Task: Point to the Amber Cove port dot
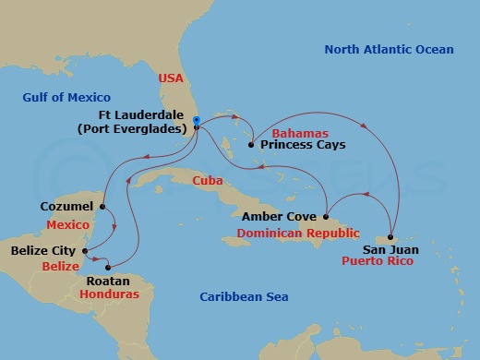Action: coord(324,216)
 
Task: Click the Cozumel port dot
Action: coord(102,206)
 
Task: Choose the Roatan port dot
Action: coord(108,267)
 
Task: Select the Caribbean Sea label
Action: coord(245,296)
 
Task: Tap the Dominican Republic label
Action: coord(297,234)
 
